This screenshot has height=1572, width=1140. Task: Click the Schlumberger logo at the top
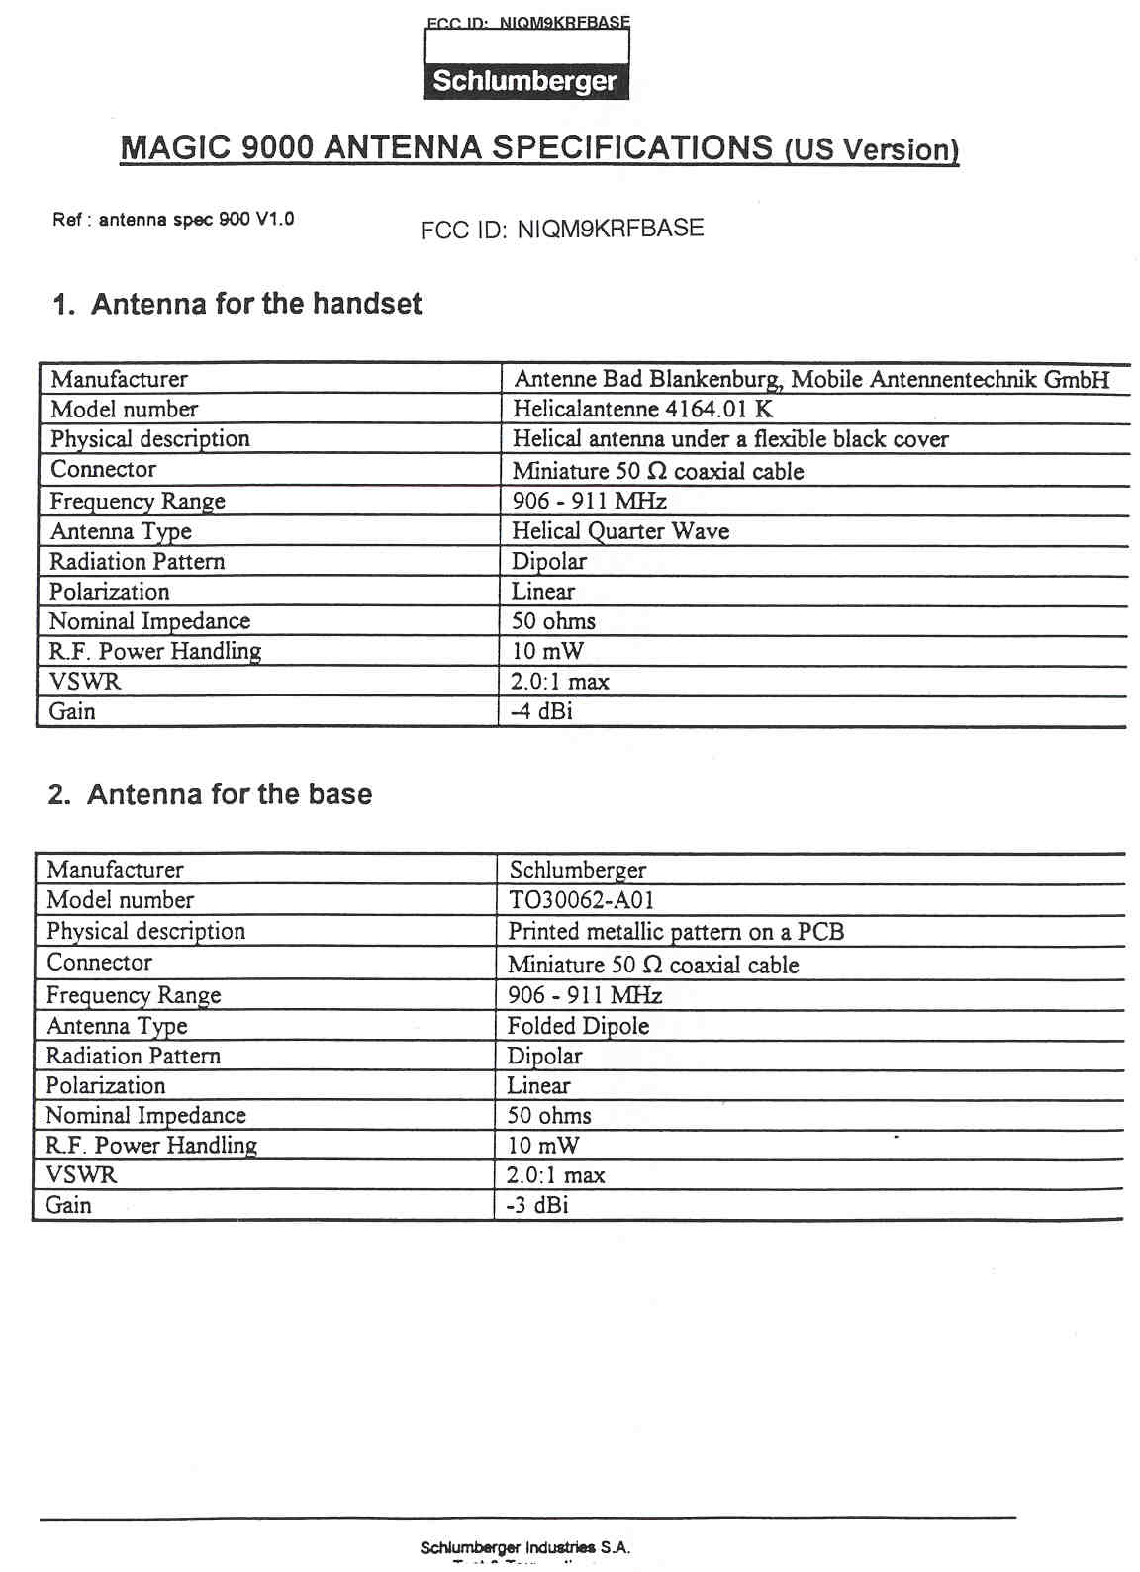(x=525, y=80)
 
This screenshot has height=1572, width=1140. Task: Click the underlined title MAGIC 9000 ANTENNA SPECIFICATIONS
(x=445, y=147)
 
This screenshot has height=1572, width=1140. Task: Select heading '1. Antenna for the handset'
(x=237, y=304)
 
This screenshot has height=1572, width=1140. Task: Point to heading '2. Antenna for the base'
(x=210, y=794)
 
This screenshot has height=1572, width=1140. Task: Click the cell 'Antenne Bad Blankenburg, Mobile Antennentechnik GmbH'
(x=811, y=379)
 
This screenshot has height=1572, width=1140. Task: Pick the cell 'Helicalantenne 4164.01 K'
(x=642, y=409)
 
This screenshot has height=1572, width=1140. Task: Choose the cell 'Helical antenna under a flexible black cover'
(x=730, y=439)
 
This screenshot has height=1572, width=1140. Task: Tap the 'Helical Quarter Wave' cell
(x=620, y=531)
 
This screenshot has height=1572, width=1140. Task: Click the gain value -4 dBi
(x=541, y=711)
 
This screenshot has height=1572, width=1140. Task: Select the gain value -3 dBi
(x=537, y=1205)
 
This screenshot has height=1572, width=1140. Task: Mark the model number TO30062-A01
(x=581, y=900)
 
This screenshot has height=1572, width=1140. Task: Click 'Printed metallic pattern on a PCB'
(x=676, y=932)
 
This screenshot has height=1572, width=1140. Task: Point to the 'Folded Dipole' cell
(x=578, y=1026)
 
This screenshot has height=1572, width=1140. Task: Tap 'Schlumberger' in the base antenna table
(x=578, y=870)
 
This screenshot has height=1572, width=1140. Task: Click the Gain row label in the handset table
(x=72, y=711)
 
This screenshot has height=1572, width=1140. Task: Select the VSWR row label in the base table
(x=81, y=1175)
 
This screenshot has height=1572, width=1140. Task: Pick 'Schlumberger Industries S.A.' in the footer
(x=524, y=1547)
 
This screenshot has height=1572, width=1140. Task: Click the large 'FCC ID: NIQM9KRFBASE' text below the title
(x=562, y=229)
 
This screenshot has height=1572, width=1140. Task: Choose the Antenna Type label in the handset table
(x=121, y=531)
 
